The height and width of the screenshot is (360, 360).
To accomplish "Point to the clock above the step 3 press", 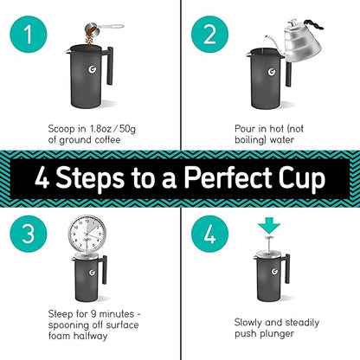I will (87, 232).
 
